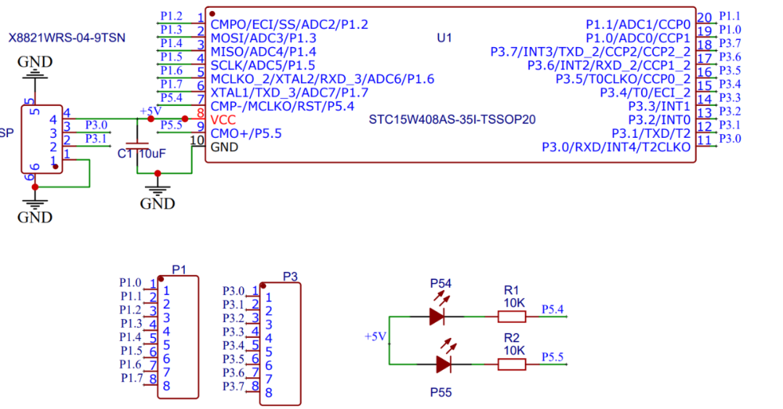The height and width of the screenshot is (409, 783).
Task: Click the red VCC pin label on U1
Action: pos(223,120)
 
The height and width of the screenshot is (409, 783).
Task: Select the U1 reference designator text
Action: pos(444,38)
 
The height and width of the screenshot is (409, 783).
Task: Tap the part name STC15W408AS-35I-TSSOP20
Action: pos(452,120)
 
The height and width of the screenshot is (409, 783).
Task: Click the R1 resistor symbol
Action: pos(512,316)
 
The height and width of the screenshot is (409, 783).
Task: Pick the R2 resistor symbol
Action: pos(512,364)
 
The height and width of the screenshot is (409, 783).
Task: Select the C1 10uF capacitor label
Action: pos(142,154)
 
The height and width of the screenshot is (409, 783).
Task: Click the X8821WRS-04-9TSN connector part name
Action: pos(67,38)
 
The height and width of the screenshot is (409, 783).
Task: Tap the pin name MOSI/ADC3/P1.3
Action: pos(263,38)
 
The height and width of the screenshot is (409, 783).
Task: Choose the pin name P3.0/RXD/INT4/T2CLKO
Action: pos(616,147)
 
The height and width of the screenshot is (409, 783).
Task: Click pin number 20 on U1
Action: pos(704,18)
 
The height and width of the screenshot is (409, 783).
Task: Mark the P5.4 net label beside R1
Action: pos(552,310)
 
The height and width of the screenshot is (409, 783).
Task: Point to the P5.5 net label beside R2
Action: pos(552,357)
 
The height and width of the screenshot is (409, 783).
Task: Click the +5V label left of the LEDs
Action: pos(376,336)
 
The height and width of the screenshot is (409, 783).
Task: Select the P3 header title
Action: pos(290,277)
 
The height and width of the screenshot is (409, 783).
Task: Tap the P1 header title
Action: pos(179,270)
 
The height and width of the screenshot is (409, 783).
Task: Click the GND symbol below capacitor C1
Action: pos(157,198)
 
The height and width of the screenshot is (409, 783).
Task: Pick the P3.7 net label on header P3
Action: pos(233,387)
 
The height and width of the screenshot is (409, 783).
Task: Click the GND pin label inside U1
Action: pos(224,147)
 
